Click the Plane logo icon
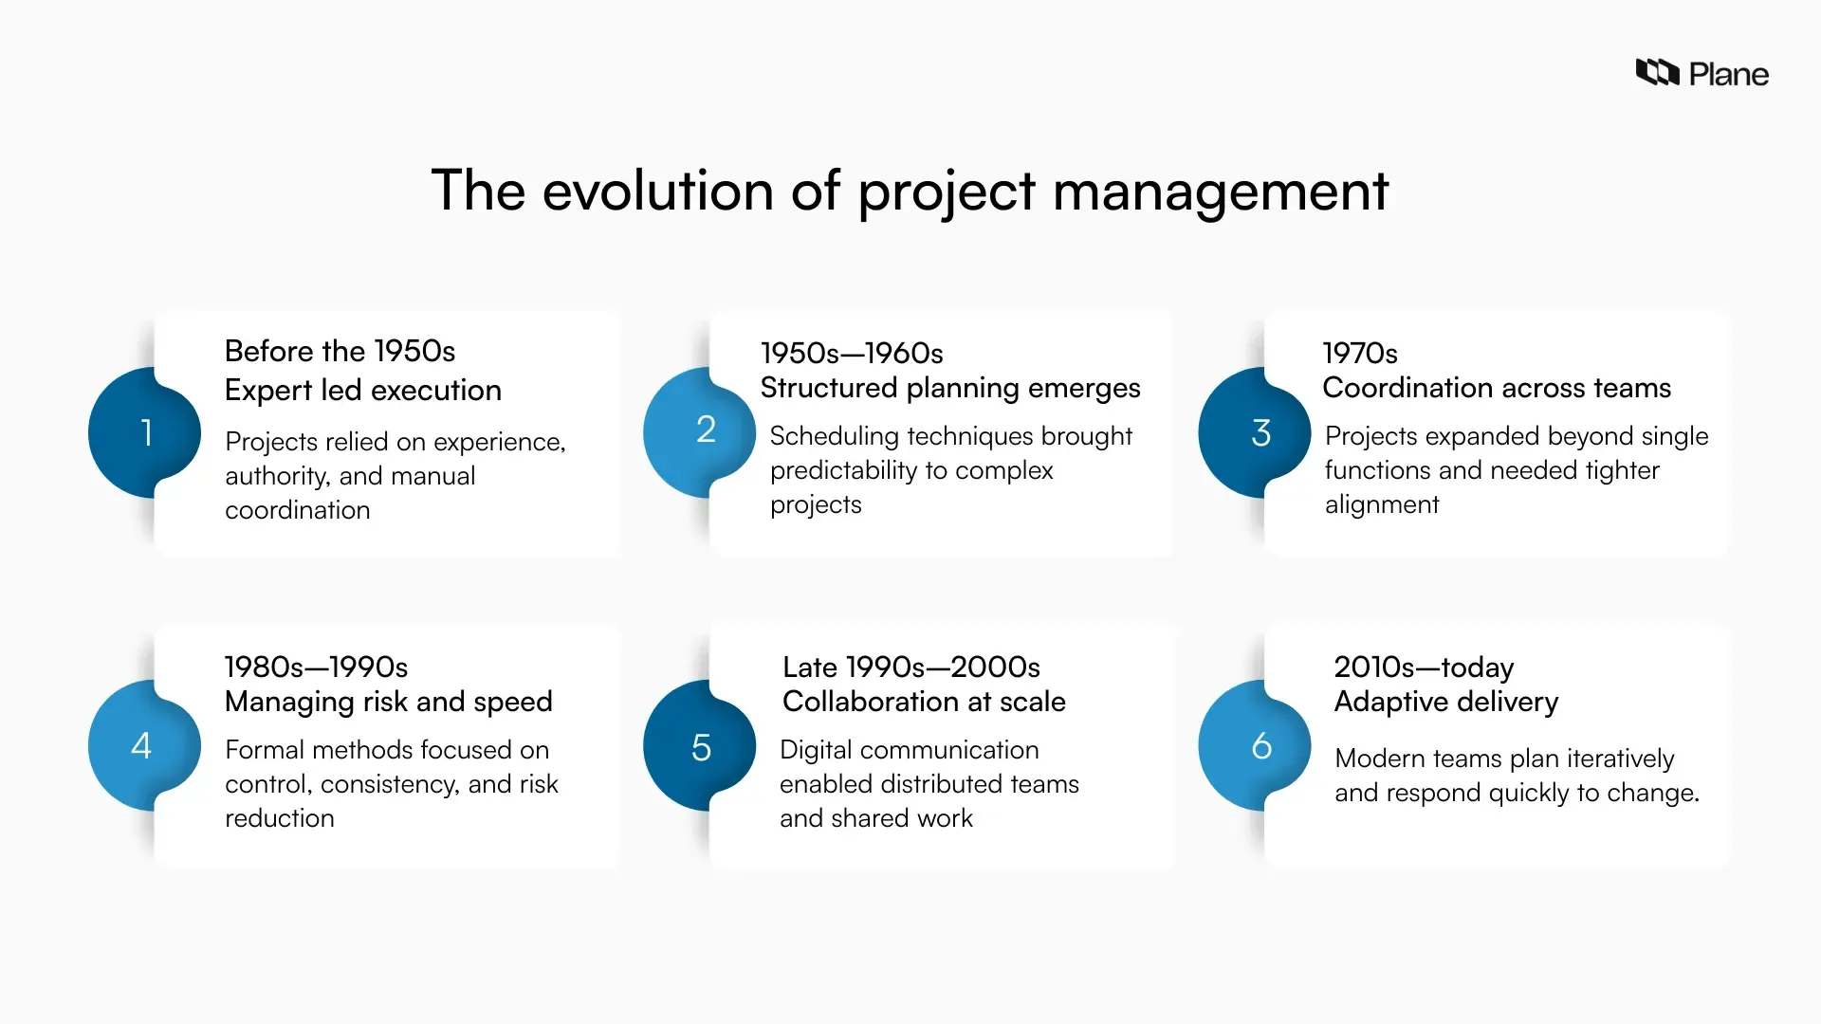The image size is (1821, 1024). pyautogui.click(x=1657, y=72)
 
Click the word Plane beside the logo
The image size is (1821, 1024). pyautogui.click(x=1728, y=74)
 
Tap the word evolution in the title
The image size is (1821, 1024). pyautogui.click(x=657, y=190)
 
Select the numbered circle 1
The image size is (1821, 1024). pyautogui.click(x=144, y=432)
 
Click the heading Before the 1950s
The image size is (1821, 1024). pyautogui.click(x=340, y=351)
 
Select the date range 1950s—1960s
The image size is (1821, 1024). pyautogui.click(x=851, y=354)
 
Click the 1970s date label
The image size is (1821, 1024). pyautogui.click(x=1359, y=354)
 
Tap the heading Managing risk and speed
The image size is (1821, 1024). pyautogui.click(x=388, y=702)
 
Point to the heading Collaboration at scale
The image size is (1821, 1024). pyautogui.click(x=923, y=702)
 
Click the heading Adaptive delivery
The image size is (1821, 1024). pyautogui.click(x=1445, y=702)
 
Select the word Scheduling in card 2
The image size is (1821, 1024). pyautogui.click(x=834, y=436)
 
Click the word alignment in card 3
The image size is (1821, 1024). pyautogui.click(x=1381, y=504)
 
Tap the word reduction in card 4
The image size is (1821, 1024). pyautogui.click(x=279, y=818)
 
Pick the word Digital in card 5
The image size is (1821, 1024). pyautogui.click(x=815, y=750)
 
